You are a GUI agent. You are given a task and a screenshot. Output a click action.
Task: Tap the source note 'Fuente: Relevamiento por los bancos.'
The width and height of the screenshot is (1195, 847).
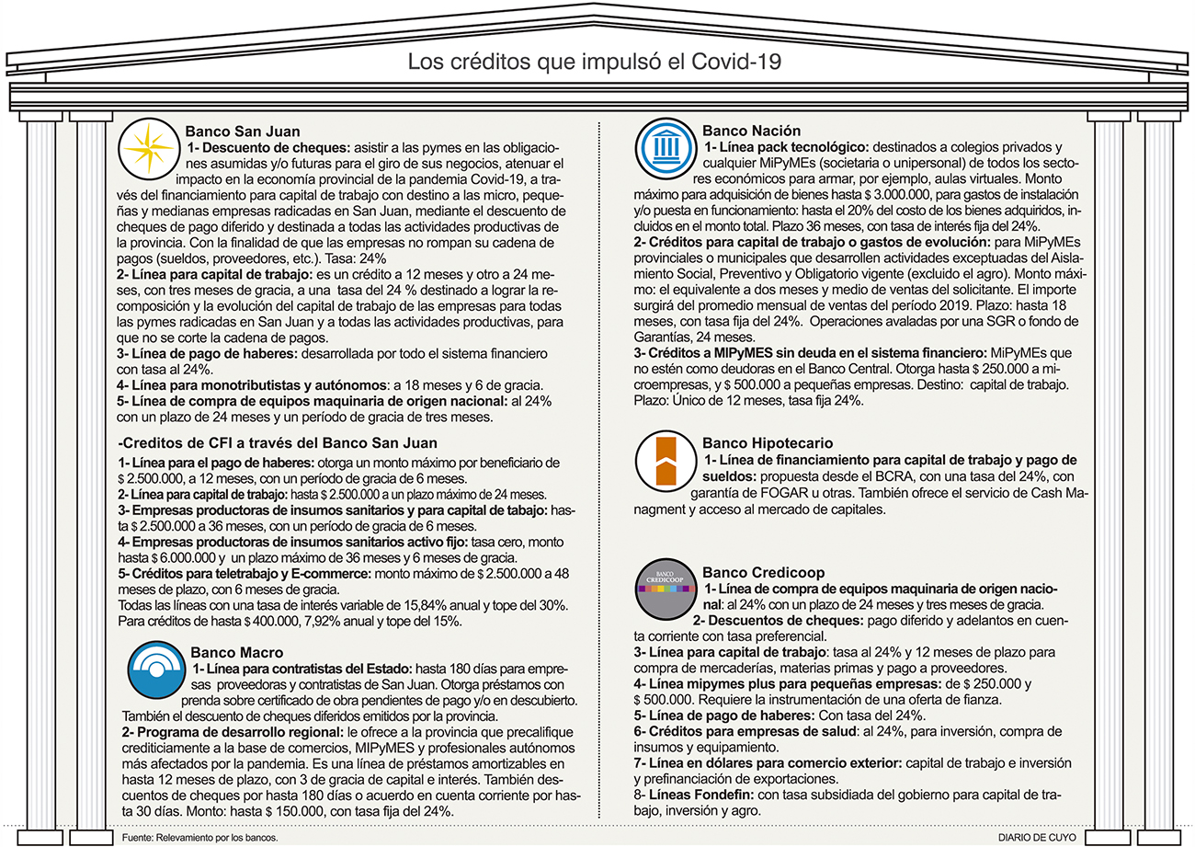[x=199, y=838]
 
